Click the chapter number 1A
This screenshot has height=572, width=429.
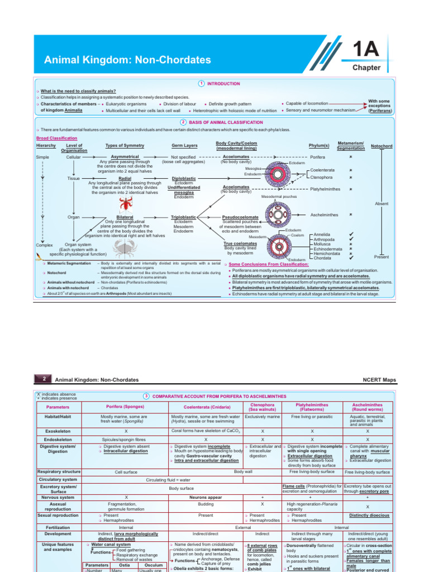pyautogui.click(x=366, y=50)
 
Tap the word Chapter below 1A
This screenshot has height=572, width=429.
pyautogui.click(x=366, y=68)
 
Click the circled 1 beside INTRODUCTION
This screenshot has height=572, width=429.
pyautogui.click(x=201, y=83)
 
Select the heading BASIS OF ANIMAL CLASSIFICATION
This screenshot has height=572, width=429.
pyautogui.click(x=226, y=122)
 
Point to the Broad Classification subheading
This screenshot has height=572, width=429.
pyautogui.click(x=56, y=137)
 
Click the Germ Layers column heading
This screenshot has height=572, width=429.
pyautogui.click(x=184, y=145)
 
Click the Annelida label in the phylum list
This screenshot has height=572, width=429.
pyautogui.click(x=323, y=235)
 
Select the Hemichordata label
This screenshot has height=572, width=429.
pyautogui.click(x=327, y=253)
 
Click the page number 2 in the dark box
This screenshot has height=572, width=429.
pyautogui.click(x=44, y=380)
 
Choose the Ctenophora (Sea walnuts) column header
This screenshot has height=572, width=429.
pyautogui.click(x=262, y=406)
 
